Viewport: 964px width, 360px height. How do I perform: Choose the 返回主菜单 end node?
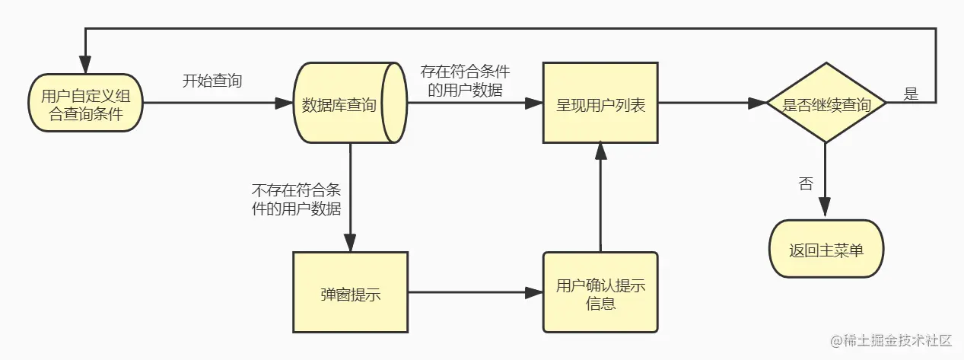(x=826, y=249)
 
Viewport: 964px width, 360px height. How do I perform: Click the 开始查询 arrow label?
(x=212, y=81)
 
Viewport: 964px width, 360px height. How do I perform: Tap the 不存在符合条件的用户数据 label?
(x=296, y=199)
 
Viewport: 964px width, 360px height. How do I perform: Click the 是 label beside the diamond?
(x=910, y=94)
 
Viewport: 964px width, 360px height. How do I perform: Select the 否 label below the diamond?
(x=805, y=183)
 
